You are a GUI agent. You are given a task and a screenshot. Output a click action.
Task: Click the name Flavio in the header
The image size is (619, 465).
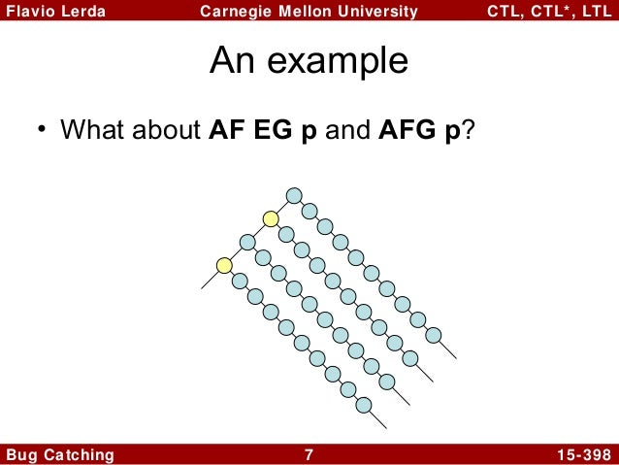28,13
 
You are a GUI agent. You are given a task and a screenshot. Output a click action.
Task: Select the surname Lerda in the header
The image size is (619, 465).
81,13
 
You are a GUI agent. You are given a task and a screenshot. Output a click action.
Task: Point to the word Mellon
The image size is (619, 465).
303,13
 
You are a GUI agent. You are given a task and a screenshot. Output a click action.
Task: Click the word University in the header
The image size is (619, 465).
376,13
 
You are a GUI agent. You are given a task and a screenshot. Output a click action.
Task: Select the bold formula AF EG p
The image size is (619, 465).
264,129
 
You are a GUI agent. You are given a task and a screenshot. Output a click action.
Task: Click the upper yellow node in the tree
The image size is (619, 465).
271,219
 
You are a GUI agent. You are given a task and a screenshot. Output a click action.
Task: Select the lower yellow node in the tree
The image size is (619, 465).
224,264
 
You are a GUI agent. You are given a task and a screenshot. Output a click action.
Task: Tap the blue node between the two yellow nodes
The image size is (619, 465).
247,242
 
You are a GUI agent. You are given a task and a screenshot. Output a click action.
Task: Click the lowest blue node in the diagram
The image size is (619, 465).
364,404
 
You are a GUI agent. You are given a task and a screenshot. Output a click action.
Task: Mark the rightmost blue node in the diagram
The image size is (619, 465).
434,336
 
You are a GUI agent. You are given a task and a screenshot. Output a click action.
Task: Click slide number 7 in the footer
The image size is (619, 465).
309,454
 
